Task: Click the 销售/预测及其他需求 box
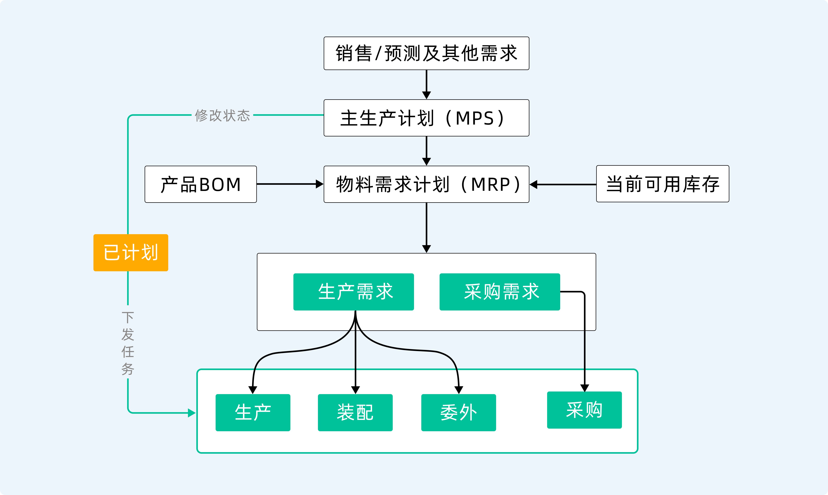[x=426, y=53]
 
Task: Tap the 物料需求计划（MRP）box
[x=426, y=184]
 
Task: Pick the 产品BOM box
[x=200, y=184]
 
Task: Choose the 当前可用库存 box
[x=663, y=184]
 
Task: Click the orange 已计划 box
[x=131, y=252]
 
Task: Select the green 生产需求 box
[x=353, y=292]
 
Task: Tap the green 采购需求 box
[x=500, y=292]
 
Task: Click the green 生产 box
[x=253, y=413]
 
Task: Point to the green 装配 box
[x=355, y=413]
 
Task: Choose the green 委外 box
[x=458, y=413]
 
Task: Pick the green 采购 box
[x=584, y=410]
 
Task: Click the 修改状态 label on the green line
[x=222, y=115]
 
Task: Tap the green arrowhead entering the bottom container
[x=192, y=413]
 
